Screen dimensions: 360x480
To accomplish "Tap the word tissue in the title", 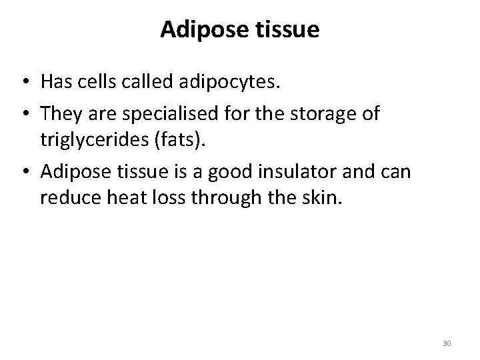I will [287, 31].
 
